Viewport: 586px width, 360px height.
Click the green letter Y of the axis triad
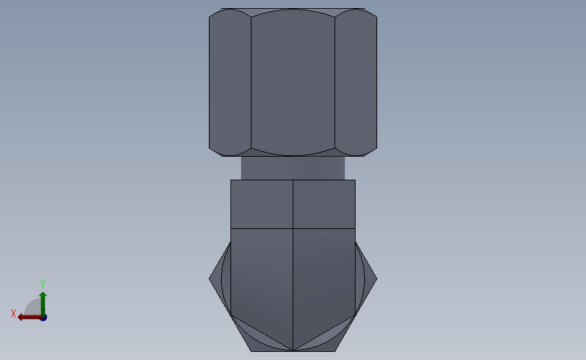[42, 284]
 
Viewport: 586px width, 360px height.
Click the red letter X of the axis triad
[14, 313]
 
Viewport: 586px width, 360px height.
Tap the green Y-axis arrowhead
[43, 295]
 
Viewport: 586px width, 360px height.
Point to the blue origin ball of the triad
[43, 317]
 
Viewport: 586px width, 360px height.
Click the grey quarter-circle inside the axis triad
[33, 308]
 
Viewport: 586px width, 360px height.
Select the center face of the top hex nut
[293, 81]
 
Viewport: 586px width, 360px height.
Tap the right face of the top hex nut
[356, 81]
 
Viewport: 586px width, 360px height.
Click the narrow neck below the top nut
[293, 168]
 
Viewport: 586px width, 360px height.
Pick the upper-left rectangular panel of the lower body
[262, 204]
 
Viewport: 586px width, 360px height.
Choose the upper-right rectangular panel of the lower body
[324, 204]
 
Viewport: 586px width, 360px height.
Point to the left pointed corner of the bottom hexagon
[210, 278]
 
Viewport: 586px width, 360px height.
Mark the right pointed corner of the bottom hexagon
[376, 278]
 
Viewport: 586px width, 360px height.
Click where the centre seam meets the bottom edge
[293, 351]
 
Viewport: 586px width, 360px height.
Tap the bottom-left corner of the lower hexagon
[251, 351]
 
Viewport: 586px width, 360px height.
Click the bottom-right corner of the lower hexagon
[335, 351]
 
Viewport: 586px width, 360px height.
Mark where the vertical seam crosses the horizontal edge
[293, 228]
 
